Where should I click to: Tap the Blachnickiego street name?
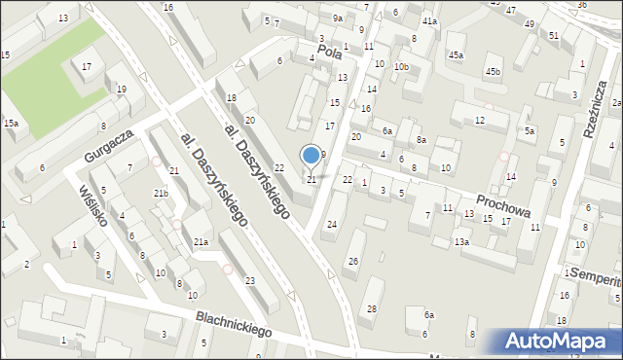point(234,322)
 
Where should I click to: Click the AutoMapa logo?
point(557,342)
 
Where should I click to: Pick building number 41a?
point(430,20)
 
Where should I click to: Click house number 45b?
point(494,71)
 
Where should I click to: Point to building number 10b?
point(401,66)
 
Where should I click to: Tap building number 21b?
point(161,193)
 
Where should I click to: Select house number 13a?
point(461,241)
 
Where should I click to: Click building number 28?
point(371,309)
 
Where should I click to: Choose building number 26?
point(353,261)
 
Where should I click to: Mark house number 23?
point(250,281)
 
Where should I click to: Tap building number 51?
point(554,35)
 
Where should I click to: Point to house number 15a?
point(11,123)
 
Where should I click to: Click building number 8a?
point(421,140)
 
